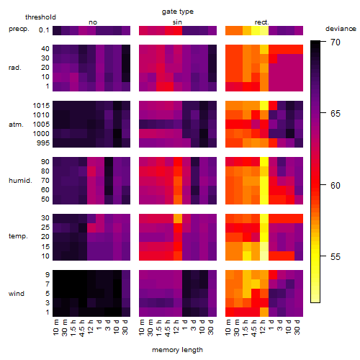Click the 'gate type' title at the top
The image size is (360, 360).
178,12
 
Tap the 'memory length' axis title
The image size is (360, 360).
177,350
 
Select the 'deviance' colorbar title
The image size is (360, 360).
341,29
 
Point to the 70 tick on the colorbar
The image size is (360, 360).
323,42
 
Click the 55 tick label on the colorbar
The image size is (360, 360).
336,257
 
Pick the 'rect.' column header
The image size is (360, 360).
261,22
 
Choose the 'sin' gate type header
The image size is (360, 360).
177,22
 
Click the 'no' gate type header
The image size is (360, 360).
93,22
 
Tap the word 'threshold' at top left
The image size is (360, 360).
40,17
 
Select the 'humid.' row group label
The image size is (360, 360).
20,181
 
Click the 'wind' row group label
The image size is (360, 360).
17,294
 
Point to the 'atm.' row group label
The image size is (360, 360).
16,125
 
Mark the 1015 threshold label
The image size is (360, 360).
41,106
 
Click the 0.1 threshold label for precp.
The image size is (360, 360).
44,30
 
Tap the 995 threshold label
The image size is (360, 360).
43,143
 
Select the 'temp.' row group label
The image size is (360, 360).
18,236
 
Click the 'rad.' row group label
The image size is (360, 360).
15,68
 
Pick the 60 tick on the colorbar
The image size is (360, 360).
323,185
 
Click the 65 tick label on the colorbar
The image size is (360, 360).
336,114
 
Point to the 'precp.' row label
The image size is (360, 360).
19,30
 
